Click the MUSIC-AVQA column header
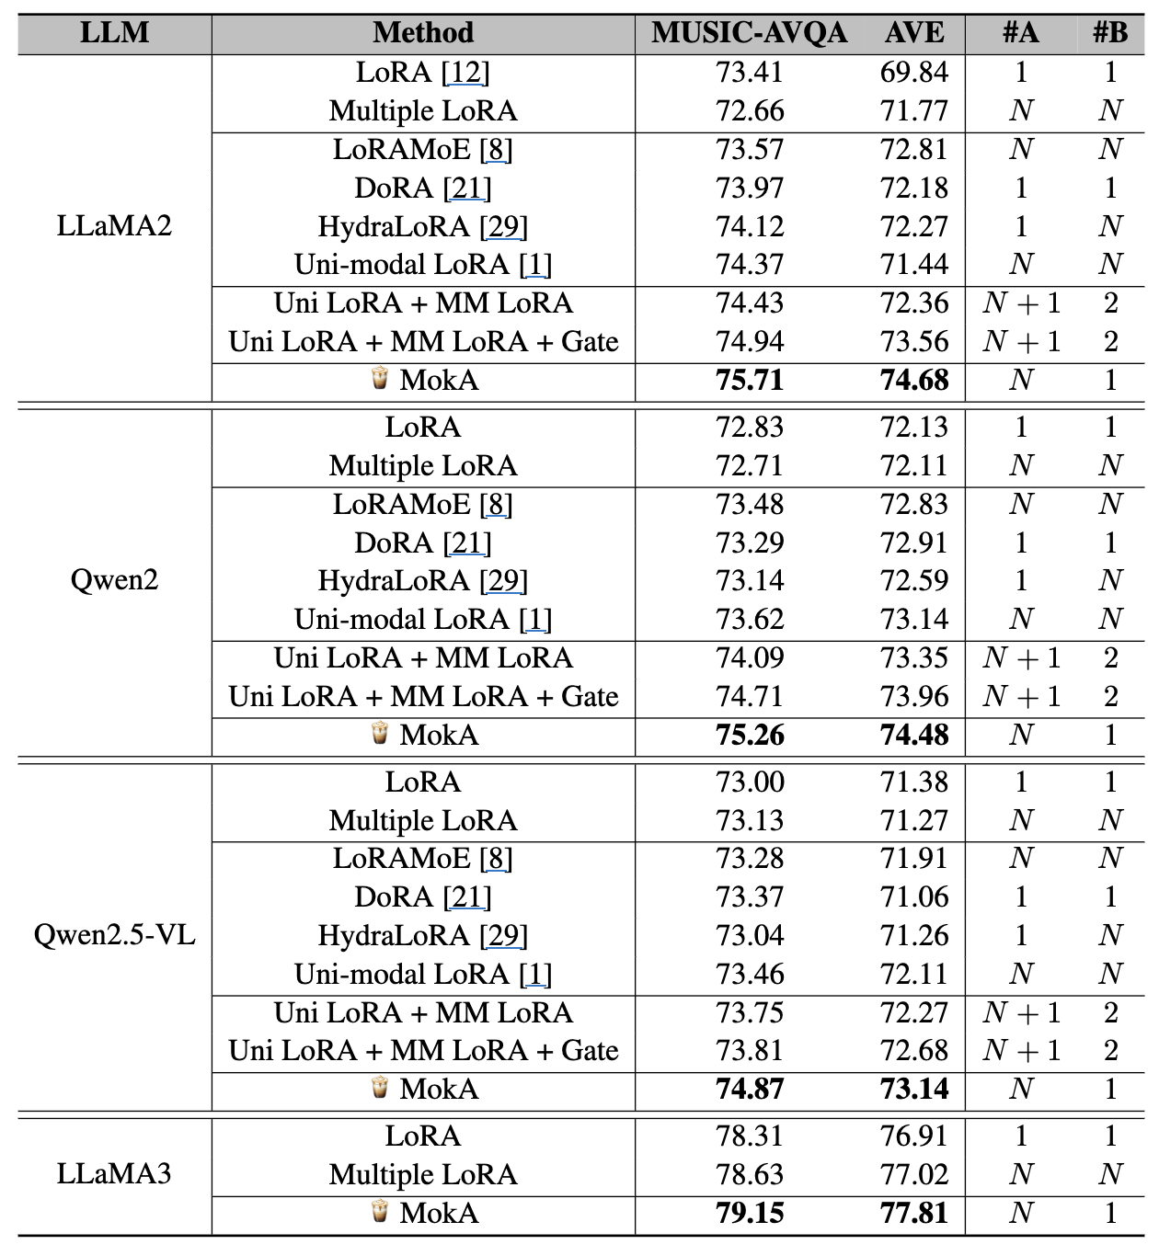click(x=749, y=33)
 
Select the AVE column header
click(x=914, y=33)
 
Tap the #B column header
click(x=1110, y=33)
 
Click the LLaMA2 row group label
click(x=114, y=226)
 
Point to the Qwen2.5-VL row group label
click(x=114, y=935)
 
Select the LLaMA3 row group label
click(x=114, y=1174)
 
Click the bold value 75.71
click(x=750, y=380)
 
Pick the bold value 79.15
click(x=750, y=1213)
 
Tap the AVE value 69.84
click(x=914, y=72)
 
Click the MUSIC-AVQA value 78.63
click(x=750, y=1174)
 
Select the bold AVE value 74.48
click(x=914, y=735)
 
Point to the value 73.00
click(x=750, y=782)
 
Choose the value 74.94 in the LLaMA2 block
click(x=750, y=341)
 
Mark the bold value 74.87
click(x=750, y=1089)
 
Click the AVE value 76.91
click(x=914, y=1136)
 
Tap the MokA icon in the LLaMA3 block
click(x=379, y=1212)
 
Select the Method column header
click(x=423, y=33)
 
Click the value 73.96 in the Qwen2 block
click(x=914, y=696)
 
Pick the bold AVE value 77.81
click(x=914, y=1213)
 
